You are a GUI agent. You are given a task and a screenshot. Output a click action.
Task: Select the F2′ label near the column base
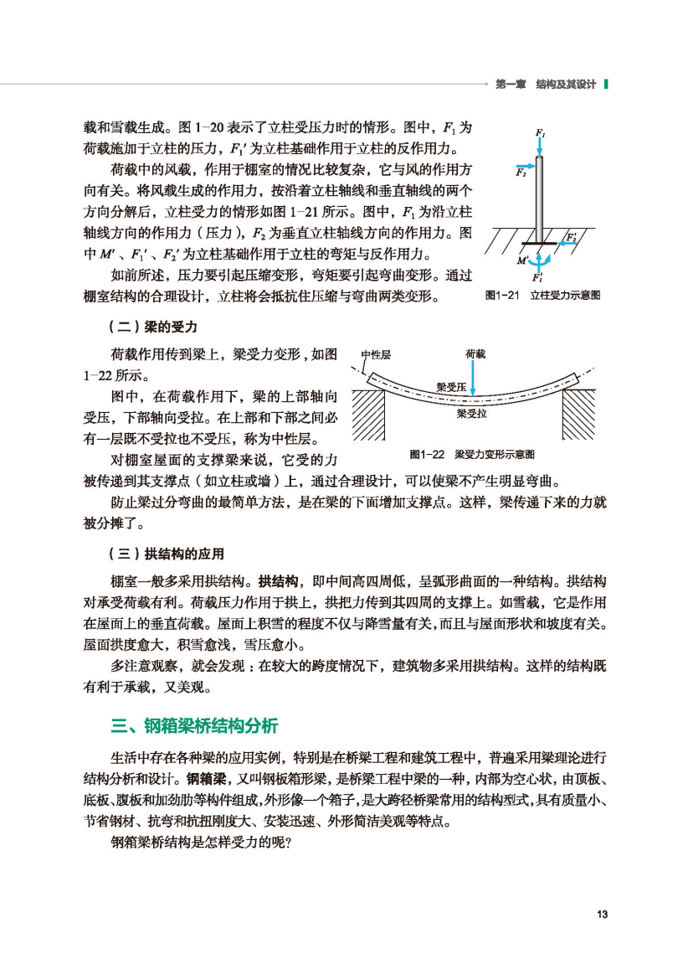click(x=573, y=237)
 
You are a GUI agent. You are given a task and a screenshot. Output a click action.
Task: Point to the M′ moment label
click(x=523, y=260)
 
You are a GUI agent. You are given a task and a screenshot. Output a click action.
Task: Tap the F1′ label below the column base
click(x=538, y=276)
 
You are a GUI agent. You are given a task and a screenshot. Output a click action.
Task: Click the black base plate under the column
click(x=540, y=245)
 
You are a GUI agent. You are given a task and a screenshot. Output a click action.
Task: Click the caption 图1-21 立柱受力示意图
click(x=543, y=295)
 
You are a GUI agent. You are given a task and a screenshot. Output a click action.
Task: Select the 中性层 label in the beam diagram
click(x=375, y=354)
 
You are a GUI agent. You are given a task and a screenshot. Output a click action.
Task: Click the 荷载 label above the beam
click(x=474, y=354)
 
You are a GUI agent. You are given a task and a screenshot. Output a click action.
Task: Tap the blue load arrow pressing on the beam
click(x=474, y=382)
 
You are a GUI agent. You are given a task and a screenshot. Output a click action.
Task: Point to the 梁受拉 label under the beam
click(x=471, y=414)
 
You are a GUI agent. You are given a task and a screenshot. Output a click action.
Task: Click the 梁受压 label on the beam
click(x=451, y=387)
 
